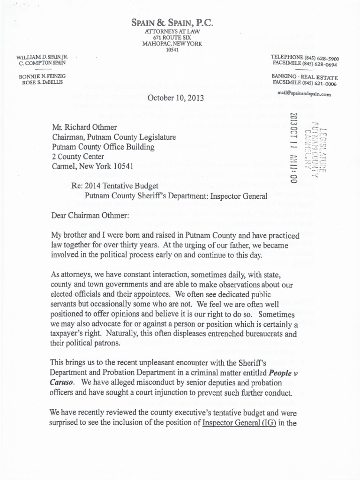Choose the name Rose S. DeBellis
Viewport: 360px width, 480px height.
coord(43,82)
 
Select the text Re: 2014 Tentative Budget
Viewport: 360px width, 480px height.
coord(112,187)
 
